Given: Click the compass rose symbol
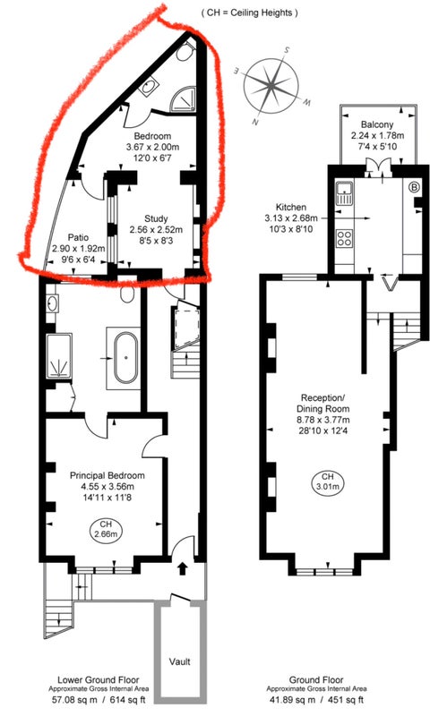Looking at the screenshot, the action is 272,86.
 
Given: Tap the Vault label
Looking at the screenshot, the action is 179,661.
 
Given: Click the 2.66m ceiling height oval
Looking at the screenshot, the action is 106,529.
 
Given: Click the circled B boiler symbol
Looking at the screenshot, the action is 415,186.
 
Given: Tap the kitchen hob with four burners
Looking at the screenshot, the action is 344,237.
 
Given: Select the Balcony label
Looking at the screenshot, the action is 377,124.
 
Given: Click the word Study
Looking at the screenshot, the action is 156,218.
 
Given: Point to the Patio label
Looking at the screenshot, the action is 78,238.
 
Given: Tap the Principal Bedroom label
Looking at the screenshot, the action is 107,475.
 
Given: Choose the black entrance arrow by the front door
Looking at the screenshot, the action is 183,568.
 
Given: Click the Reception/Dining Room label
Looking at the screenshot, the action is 322,404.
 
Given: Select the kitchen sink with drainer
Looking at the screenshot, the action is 343,193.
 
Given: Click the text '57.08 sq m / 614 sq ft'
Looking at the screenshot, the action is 98,700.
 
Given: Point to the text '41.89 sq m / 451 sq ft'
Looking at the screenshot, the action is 316,700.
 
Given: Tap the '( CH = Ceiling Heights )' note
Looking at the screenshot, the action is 250,13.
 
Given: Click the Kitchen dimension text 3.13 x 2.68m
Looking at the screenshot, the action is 290,218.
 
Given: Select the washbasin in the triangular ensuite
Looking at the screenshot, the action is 149,87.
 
